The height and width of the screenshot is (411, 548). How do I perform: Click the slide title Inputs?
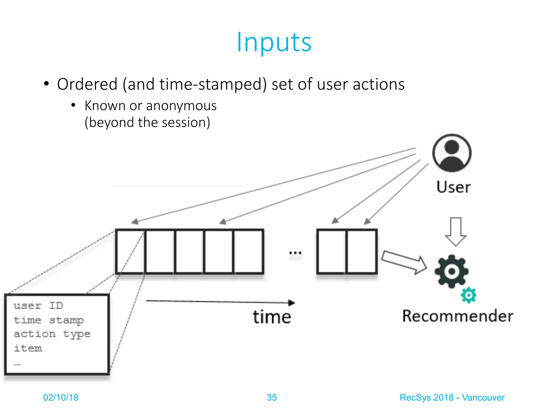[274, 42]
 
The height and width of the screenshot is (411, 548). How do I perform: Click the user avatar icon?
[452, 153]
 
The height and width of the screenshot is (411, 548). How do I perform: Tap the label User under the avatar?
[454, 187]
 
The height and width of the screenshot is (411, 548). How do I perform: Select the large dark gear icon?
[452, 271]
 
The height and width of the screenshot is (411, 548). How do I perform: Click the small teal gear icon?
[469, 295]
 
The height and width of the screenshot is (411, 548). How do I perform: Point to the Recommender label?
[458, 316]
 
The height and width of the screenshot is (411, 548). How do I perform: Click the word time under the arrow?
[272, 317]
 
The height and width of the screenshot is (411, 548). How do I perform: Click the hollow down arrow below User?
[456, 232]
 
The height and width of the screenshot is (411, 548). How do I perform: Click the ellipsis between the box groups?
[295, 253]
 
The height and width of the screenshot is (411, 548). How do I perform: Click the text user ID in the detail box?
[38, 306]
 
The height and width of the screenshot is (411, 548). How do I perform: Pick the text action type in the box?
[52, 334]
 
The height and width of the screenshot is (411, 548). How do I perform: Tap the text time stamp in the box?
[49, 320]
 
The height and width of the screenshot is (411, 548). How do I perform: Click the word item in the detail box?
[28, 348]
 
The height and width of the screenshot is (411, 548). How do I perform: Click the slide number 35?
[272, 397]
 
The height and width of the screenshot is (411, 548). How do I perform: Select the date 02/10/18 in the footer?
[61, 397]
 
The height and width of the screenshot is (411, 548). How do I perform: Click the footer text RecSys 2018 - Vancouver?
[452, 397]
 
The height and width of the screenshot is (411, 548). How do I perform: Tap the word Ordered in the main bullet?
[87, 84]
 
